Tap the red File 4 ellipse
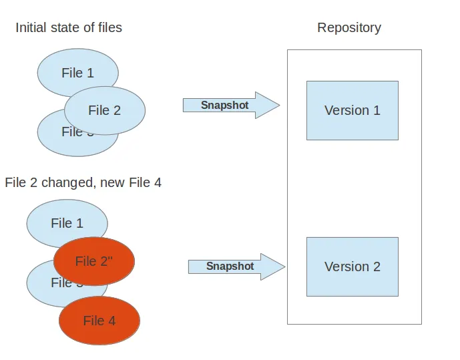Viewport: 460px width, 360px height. tap(99, 321)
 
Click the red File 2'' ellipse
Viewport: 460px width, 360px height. tap(94, 261)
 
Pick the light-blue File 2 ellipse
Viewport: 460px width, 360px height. tap(105, 110)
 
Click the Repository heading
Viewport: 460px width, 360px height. tap(349, 27)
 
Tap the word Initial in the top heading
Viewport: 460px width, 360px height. tap(32, 27)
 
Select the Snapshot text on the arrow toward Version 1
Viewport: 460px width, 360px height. tap(224, 106)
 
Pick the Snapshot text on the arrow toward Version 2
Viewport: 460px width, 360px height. tap(230, 266)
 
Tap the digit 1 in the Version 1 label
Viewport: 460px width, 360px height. tap(377, 110)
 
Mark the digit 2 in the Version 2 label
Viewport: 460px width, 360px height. tap(377, 266)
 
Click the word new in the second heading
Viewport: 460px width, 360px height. tap(111, 182)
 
